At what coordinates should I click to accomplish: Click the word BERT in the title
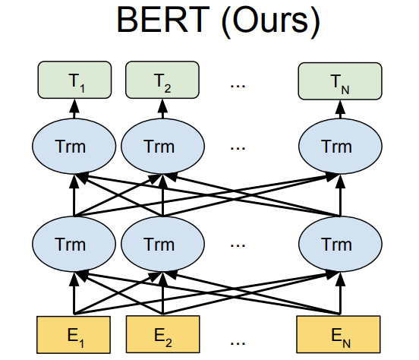point(163,20)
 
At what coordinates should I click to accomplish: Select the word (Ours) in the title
point(271,21)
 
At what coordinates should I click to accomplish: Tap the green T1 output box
point(74,80)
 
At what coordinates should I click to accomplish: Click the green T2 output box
point(162,80)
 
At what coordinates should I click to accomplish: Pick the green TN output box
point(340,81)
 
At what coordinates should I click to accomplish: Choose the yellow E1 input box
point(74,335)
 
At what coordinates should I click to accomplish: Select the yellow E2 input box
point(162,334)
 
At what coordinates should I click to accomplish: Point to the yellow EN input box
point(339,334)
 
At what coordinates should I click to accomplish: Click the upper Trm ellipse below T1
point(74,147)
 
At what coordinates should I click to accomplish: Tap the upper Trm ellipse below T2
point(162,147)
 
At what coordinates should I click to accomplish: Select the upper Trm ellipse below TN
point(340,147)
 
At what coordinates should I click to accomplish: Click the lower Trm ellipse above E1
point(74,244)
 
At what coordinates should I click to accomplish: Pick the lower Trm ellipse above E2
point(162,244)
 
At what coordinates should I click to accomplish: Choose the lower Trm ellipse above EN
point(340,244)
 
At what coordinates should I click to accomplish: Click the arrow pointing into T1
point(74,109)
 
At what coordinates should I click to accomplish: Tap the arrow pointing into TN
point(340,109)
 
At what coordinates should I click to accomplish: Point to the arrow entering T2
point(162,109)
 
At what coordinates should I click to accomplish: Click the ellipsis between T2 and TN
point(238,86)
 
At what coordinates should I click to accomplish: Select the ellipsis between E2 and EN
point(238,343)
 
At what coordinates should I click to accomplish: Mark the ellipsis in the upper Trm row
point(238,148)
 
